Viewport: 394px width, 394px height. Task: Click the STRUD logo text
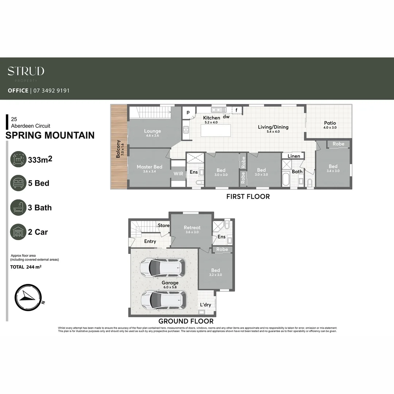[26, 71]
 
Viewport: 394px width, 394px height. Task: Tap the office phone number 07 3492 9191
[51, 90]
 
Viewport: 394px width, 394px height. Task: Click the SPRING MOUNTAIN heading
[50, 135]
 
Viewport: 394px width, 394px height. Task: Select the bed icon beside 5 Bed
[18, 183]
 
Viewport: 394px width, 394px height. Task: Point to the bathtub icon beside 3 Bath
[18, 208]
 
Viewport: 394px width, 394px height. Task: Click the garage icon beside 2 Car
[18, 232]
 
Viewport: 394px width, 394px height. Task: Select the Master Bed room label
[149, 167]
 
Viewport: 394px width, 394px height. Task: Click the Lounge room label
[152, 131]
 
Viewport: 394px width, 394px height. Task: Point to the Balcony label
[118, 149]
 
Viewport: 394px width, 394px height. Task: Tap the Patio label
[330, 123]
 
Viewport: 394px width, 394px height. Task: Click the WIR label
[178, 174]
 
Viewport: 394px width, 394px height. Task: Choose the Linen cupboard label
[294, 156]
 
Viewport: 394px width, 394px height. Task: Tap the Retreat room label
[192, 228]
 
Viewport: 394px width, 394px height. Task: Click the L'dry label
[205, 305]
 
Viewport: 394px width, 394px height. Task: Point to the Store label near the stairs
[164, 225]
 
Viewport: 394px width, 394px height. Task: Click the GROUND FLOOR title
[186, 321]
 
